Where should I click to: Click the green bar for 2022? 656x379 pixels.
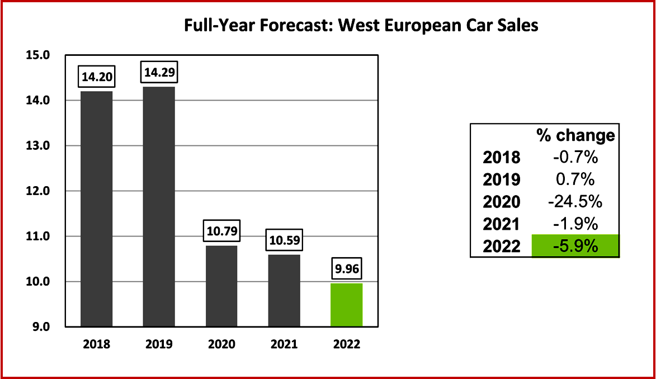(x=346, y=305)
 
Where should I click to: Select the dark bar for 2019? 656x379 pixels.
(x=159, y=206)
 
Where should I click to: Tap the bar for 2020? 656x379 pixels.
(x=221, y=286)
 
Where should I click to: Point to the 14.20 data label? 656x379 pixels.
(x=97, y=78)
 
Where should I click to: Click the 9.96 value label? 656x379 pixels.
(x=346, y=270)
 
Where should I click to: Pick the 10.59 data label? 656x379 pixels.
(x=284, y=241)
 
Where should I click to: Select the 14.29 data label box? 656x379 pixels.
(x=159, y=73)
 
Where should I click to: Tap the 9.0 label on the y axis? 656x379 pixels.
(x=41, y=327)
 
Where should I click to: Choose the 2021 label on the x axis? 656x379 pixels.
(x=284, y=344)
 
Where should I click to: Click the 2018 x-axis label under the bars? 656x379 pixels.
(x=97, y=344)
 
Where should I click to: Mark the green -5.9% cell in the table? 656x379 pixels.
(x=575, y=246)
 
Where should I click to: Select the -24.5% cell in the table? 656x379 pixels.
(x=575, y=202)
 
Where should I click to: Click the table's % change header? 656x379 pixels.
(x=575, y=135)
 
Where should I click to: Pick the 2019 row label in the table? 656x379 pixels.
(x=502, y=180)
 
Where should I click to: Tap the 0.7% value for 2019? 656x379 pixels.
(x=575, y=180)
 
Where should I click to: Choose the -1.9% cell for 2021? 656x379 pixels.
(x=575, y=224)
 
